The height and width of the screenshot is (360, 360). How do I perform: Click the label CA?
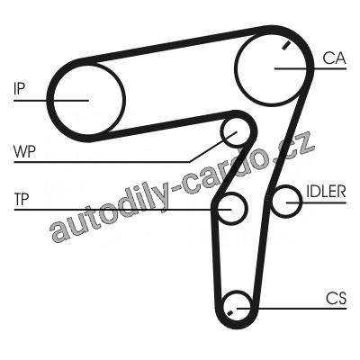point(335,58)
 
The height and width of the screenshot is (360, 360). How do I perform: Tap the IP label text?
point(19,88)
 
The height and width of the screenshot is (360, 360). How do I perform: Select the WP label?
point(24,151)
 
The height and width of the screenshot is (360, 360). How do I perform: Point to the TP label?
point(22,199)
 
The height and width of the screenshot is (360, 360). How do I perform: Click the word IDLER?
point(326,191)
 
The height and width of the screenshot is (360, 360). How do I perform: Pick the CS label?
point(337,298)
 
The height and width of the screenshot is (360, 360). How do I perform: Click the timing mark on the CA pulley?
point(286,45)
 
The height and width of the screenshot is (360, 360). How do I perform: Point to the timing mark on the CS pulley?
point(229,313)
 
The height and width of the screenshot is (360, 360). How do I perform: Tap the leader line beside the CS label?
point(292,308)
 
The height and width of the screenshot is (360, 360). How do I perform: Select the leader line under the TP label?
point(122,209)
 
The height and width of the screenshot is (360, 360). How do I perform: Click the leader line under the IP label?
point(51,100)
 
